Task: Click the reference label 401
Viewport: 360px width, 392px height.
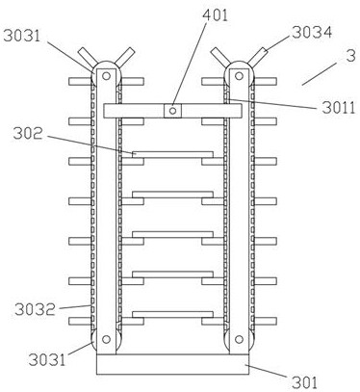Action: click(x=216, y=15)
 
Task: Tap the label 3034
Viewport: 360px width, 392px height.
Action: click(x=312, y=32)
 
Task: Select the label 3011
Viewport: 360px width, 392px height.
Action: click(x=339, y=108)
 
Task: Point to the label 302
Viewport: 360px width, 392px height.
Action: click(x=28, y=134)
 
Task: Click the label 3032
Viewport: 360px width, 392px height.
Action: click(x=35, y=309)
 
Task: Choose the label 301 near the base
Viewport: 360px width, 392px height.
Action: click(x=304, y=382)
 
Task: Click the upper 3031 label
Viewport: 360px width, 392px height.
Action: click(x=22, y=36)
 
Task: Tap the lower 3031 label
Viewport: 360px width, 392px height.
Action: click(x=47, y=359)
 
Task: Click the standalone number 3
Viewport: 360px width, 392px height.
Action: click(x=351, y=56)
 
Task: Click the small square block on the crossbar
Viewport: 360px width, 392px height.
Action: click(x=172, y=111)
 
